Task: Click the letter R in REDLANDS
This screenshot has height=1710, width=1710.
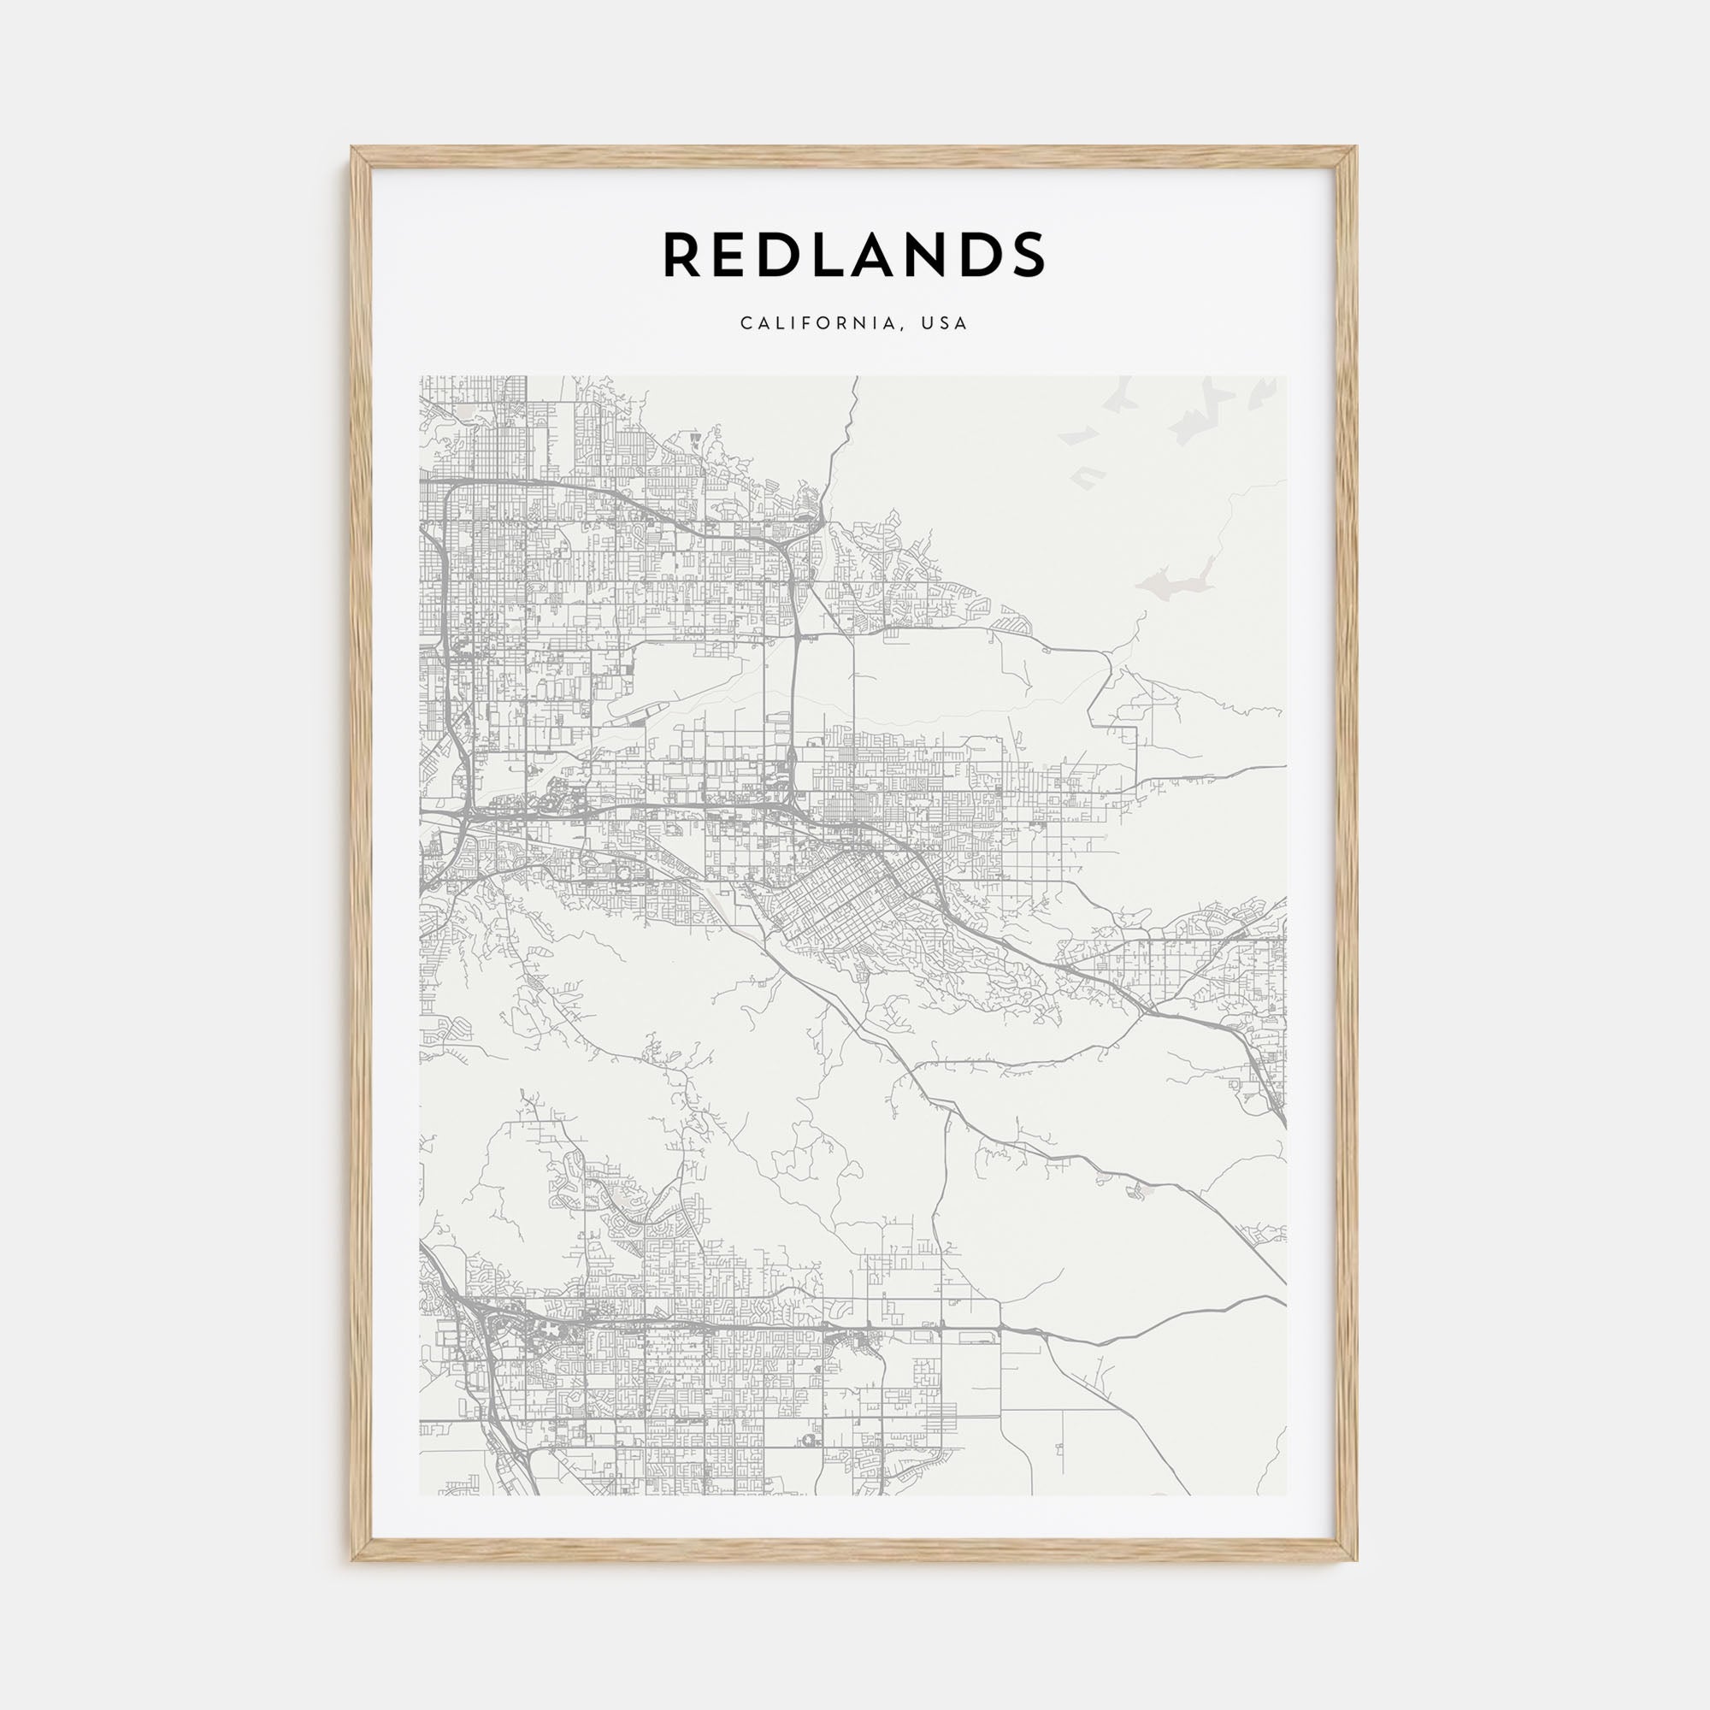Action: pyautogui.click(x=684, y=255)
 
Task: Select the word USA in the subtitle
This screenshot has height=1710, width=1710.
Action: pyautogui.click(x=945, y=323)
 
